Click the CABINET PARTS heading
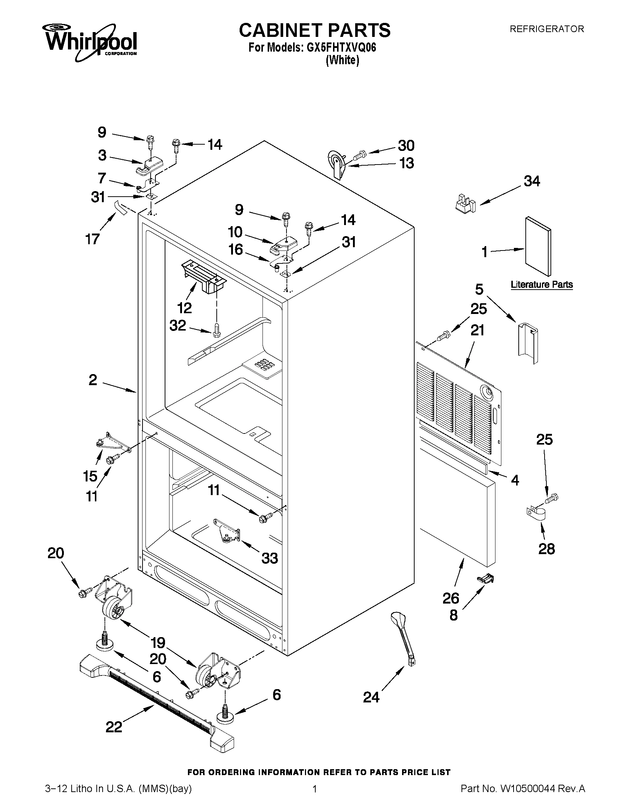point(315,30)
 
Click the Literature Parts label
point(541,284)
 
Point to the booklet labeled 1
point(538,246)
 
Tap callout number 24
point(371,697)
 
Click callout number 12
point(184,307)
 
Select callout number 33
point(270,558)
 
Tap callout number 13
point(406,163)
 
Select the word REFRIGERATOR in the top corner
point(546,29)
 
